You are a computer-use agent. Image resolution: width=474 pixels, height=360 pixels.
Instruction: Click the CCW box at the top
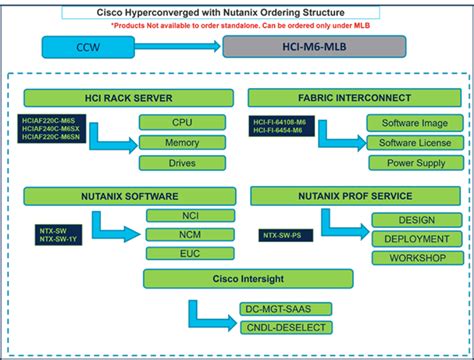point(95,47)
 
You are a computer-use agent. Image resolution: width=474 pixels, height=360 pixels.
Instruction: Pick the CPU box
point(181,123)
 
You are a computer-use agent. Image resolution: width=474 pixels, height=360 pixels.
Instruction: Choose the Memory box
point(181,143)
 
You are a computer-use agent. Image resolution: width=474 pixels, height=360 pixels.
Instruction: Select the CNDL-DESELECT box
point(284,327)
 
